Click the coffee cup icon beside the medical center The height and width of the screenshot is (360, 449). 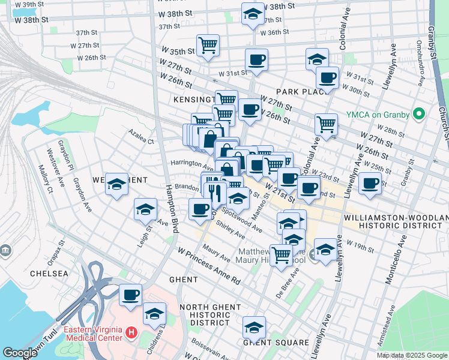(130, 295)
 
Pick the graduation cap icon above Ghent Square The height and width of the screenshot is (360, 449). (254, 328)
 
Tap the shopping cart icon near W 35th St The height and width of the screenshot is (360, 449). (208, 44)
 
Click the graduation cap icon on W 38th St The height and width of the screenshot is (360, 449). (253, 14)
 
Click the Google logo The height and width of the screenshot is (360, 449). (20, 353)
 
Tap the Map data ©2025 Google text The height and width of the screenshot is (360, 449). (411, 355)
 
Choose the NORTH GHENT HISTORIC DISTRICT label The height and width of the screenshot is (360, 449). (209, 315)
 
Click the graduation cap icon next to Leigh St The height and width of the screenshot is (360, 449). (145, 209)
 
